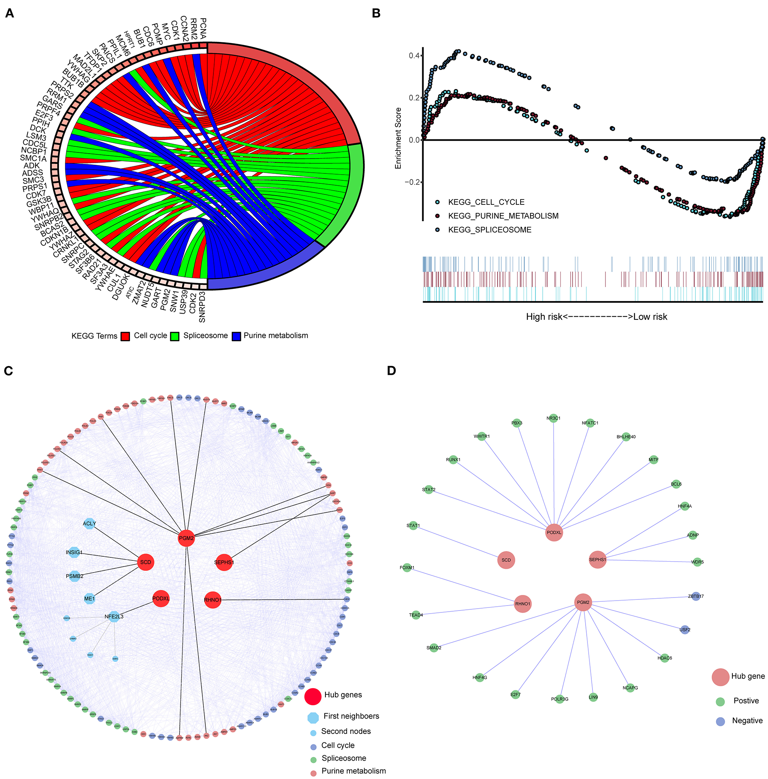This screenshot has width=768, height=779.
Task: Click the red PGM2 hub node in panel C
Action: pyautogui.click(x=186, y=538)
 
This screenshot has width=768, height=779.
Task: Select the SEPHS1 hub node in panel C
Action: pyautogui.click(x=224, y=562)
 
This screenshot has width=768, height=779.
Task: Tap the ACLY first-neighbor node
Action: pyautogui.click(x=89, y=523)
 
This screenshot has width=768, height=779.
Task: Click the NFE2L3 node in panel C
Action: pyautogui.click(x=114, y=617)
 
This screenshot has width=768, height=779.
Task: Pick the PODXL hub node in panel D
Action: pyautogui.click(x=554, y=533)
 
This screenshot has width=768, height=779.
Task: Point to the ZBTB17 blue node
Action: pyautogui.click(x=696, y=596)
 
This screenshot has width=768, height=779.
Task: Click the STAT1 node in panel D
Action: pyautogui.click(x=413, y=526)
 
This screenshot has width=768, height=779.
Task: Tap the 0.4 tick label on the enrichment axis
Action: pyautogui.click(x=414, y=55)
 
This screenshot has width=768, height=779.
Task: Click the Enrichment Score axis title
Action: pyautogui.click(x=399, y=138)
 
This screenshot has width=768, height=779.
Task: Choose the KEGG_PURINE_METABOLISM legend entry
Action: pyautogui.click(x=503, y=216)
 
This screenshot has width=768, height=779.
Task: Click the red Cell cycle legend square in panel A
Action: pyautogui.click(x=125, y=336)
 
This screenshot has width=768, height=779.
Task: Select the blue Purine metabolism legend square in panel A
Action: pyautogui.click(x=236, y=336)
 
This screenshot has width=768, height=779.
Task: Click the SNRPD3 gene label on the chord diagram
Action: pyautogui.click(x=202, y=307)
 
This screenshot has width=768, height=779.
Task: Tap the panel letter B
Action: pyautogui.click(x=376, y=13)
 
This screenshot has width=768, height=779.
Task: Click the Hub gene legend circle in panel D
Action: pyautogui.click(x=720, y=677)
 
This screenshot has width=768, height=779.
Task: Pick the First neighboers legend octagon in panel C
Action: pyautogui.click(x=313, y=718)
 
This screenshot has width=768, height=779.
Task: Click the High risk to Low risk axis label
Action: pyautogui.click(x=596, y=317)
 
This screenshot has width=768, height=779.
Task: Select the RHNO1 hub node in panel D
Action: pyautogui.click(x=523, y=604)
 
